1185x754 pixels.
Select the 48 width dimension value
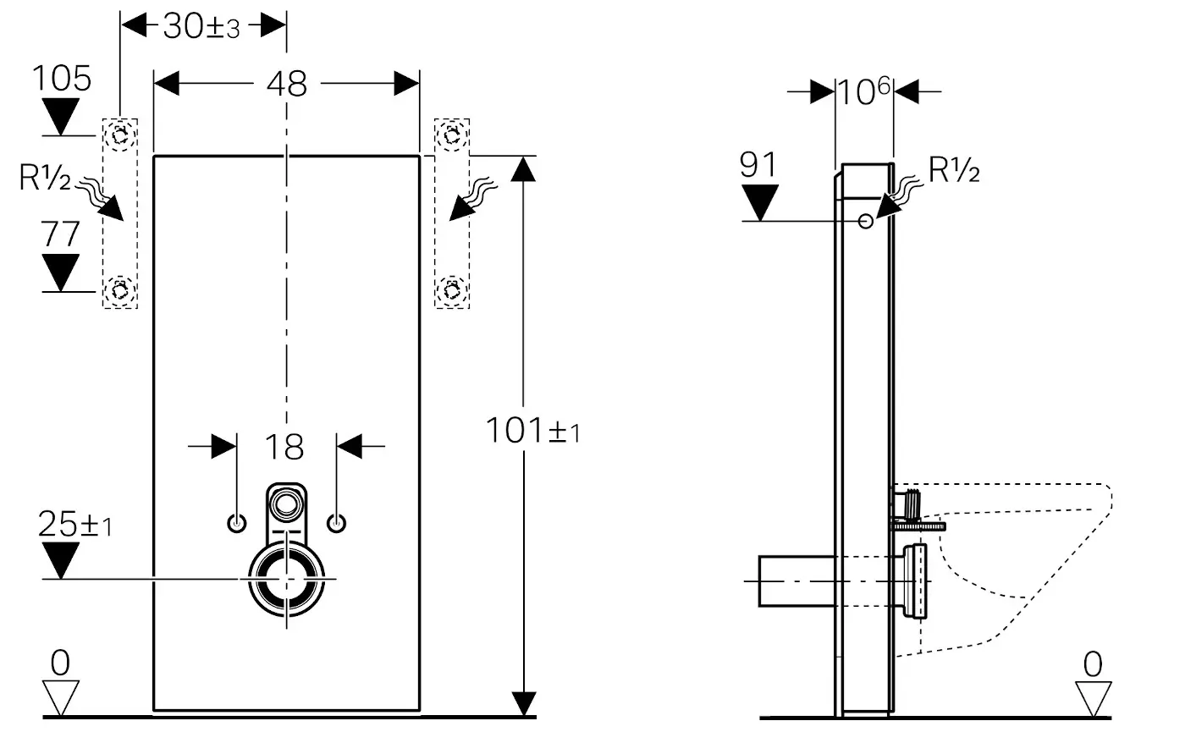pyautogui.click(x=287, y=84)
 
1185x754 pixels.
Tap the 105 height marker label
pyautogui.click(x=62, y=79)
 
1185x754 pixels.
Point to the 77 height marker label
pyautogui.click(x=61, y=234)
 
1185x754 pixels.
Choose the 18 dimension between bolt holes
pyautogui.click(x=287, y=446)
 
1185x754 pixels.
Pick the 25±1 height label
pyautogui.click(x=74, y=525)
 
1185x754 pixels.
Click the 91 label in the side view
pyautogui.click(x=758, y=165)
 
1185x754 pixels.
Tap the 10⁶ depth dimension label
pyautogui.click(x=863, y=91)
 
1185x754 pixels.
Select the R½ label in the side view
pyautogui.click(x=954, y=171)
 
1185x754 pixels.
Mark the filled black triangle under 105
pyautogui.click(x=61, y=114)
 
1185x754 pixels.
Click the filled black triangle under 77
pyautogui.click(x=61, y=271)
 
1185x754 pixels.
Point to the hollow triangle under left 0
pyautogui.click(x=60, y=696)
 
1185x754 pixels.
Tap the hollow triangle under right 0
pyautogui.click(x=1093, y=696)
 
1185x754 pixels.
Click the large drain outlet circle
pyautogui.click(x=286, y=579)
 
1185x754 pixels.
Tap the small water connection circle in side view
pyautogui.click(x=866, y=221)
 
